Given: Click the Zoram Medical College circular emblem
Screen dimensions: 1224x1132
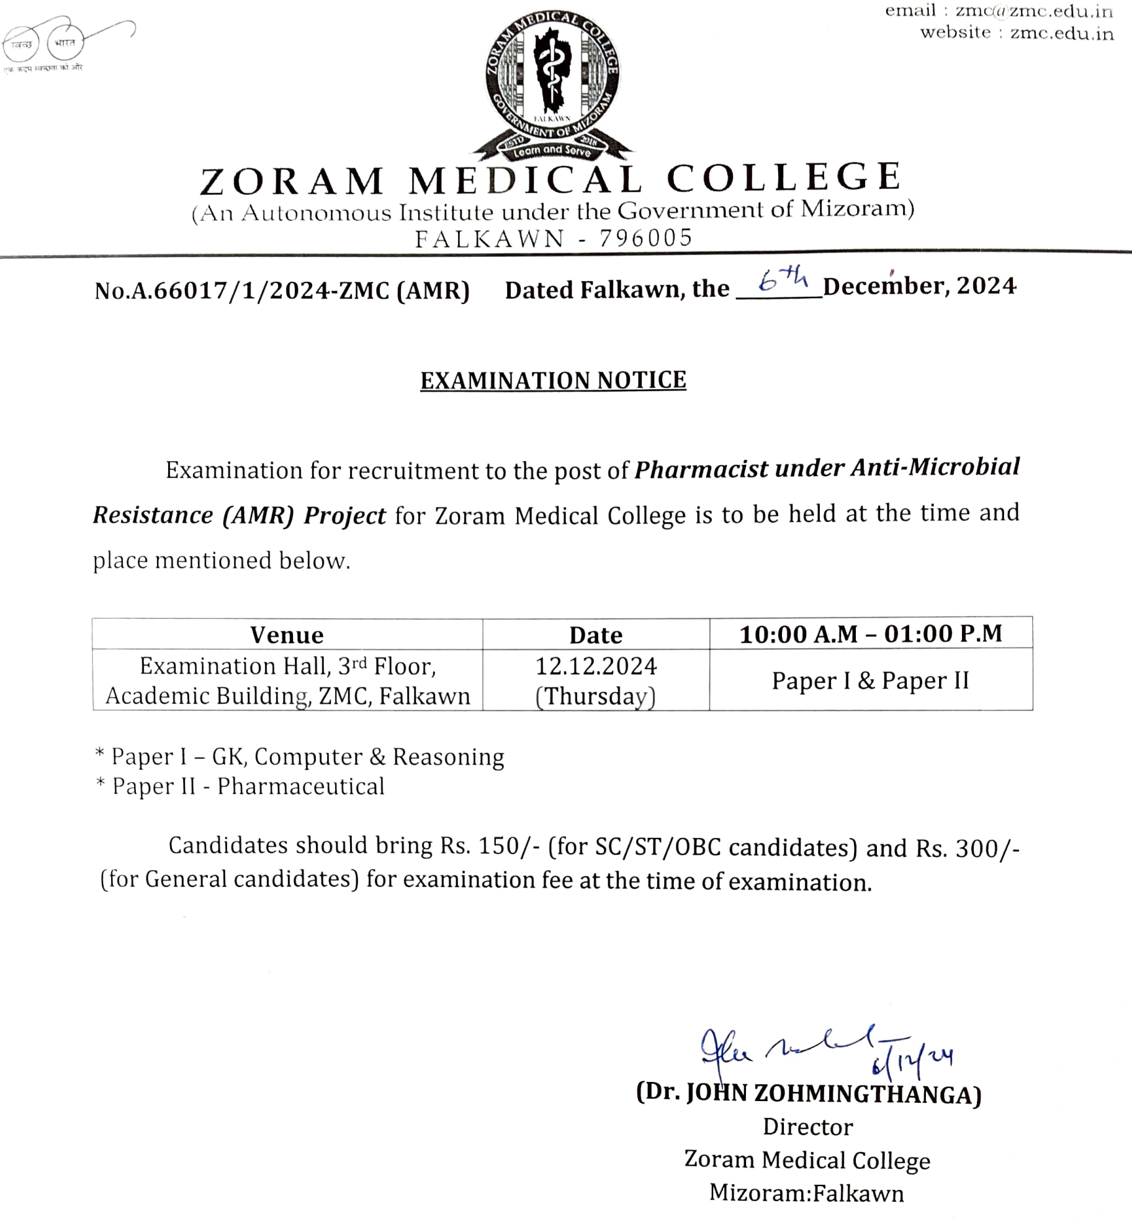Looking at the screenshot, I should pos(552,84).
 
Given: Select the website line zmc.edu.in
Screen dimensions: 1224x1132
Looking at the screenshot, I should pos(1062,33).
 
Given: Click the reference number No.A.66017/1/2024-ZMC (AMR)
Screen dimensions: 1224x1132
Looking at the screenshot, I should pos(282,290).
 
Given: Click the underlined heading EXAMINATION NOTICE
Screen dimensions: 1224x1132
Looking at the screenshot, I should pos(553,380).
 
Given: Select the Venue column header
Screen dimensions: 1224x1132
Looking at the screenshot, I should pos(287,635).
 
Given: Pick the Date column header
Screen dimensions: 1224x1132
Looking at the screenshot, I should pos(596,635).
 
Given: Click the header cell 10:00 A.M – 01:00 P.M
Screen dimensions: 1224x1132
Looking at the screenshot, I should pos(871,634).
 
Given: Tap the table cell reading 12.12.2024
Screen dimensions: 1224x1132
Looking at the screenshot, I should pos(596,667).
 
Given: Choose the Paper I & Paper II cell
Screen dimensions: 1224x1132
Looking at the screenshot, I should pos(870,681).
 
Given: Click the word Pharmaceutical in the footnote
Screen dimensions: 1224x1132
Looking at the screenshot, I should pos(301,786).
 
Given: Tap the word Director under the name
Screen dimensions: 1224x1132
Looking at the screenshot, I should pos(807,1127).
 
